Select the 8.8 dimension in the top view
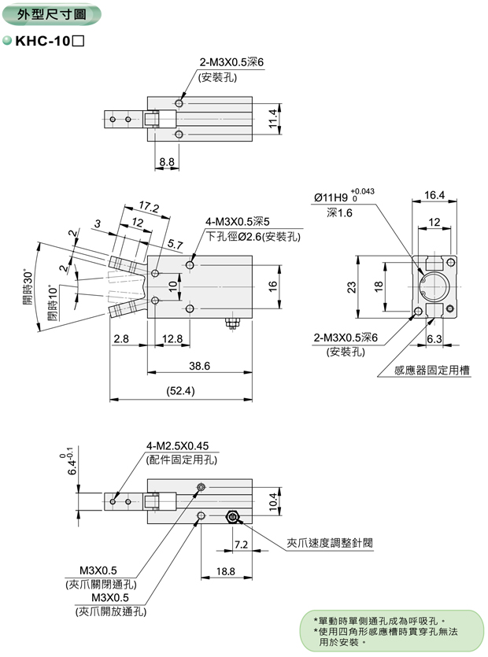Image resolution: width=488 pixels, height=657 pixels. pyautogui.click(x=167, y=161)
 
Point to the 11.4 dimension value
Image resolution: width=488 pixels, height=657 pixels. pyautogui.click(x=272, y=118)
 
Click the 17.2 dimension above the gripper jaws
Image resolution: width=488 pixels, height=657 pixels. pyautogui.click(x=149, y=207)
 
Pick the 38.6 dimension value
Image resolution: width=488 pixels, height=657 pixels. pyautogui.click(x=198, y=366)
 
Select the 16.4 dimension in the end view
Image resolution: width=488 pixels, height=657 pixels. pyautogui.click(x=434, y=194)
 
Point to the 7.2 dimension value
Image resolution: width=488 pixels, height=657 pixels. pyautogui.click(x=241, y=544)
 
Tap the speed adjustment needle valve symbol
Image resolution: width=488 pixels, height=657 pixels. pyautogui.click(x=232, y=517)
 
